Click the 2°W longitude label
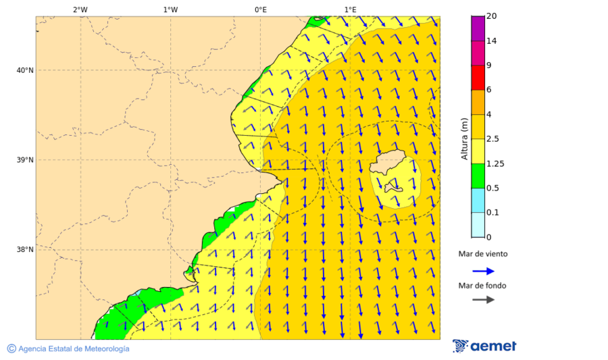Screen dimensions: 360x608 click(x=80, y=9)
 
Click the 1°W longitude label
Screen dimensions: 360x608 click(x=170, y=9)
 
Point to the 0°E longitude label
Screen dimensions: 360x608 click(x=260, y=9)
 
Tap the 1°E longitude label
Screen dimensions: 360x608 click(x=350, y=9)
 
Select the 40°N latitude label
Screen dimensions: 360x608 click(x=25, y=70)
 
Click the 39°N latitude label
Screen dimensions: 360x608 click(x=25, y=160)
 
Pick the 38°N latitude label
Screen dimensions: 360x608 click(x=25, y=250)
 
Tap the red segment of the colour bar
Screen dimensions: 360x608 click(x=478, y=77)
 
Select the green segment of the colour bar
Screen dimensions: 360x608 click(x=478, y=176)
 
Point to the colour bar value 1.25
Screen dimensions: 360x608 click(x=496, y=163)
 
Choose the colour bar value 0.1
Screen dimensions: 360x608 click(x=492, y=213)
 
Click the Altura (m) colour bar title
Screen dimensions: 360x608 click(x=464, y=138)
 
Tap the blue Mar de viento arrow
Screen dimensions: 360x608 click(x=483, y=271)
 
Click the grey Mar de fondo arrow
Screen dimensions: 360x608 click(x=483, y=300)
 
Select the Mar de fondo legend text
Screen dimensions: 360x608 click(x=482, y=286)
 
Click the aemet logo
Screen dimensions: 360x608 click(x=484, y=346)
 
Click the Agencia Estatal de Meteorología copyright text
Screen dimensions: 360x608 click(x=68, y=349)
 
